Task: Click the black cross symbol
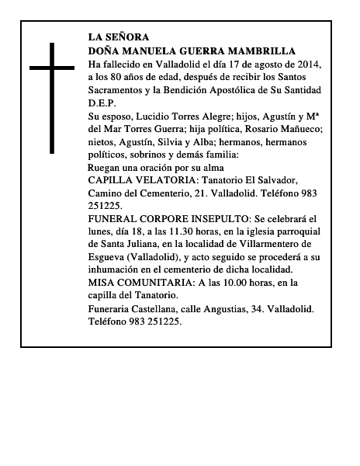click(52, 96)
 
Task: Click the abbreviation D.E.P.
click(102, 102)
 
